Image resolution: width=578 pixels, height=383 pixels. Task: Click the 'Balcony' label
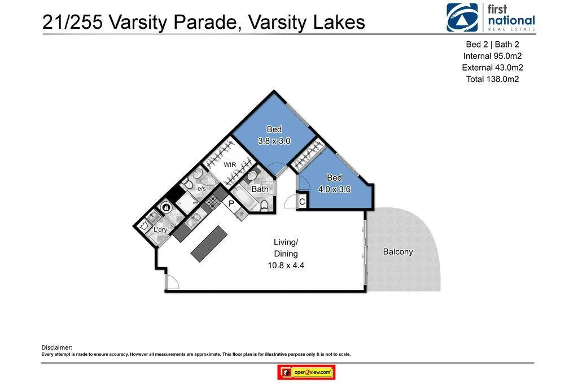(397, 252)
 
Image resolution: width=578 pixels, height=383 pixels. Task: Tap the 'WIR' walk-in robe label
(230, 165)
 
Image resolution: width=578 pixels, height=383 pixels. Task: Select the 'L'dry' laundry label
(160, 229)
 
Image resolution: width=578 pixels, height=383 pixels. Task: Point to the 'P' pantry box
(231, 203)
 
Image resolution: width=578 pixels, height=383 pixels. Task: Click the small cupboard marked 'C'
(302, 202)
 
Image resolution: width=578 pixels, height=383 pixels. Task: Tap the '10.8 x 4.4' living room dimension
(286, 266)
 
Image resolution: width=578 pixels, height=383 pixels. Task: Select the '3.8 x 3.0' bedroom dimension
(274, 141)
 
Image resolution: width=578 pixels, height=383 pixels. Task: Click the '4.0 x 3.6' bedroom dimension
(334, 189)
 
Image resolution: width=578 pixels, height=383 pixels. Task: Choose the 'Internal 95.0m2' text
(492, 56)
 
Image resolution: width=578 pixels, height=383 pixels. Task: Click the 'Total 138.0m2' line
(492, 79)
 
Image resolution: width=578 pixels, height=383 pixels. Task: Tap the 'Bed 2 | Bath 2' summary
(492, 45)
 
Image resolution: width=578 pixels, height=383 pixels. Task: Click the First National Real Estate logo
(490, 17)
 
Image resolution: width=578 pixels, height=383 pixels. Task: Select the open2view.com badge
(306, 372)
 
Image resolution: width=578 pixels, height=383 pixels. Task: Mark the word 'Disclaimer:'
(57, 347)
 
